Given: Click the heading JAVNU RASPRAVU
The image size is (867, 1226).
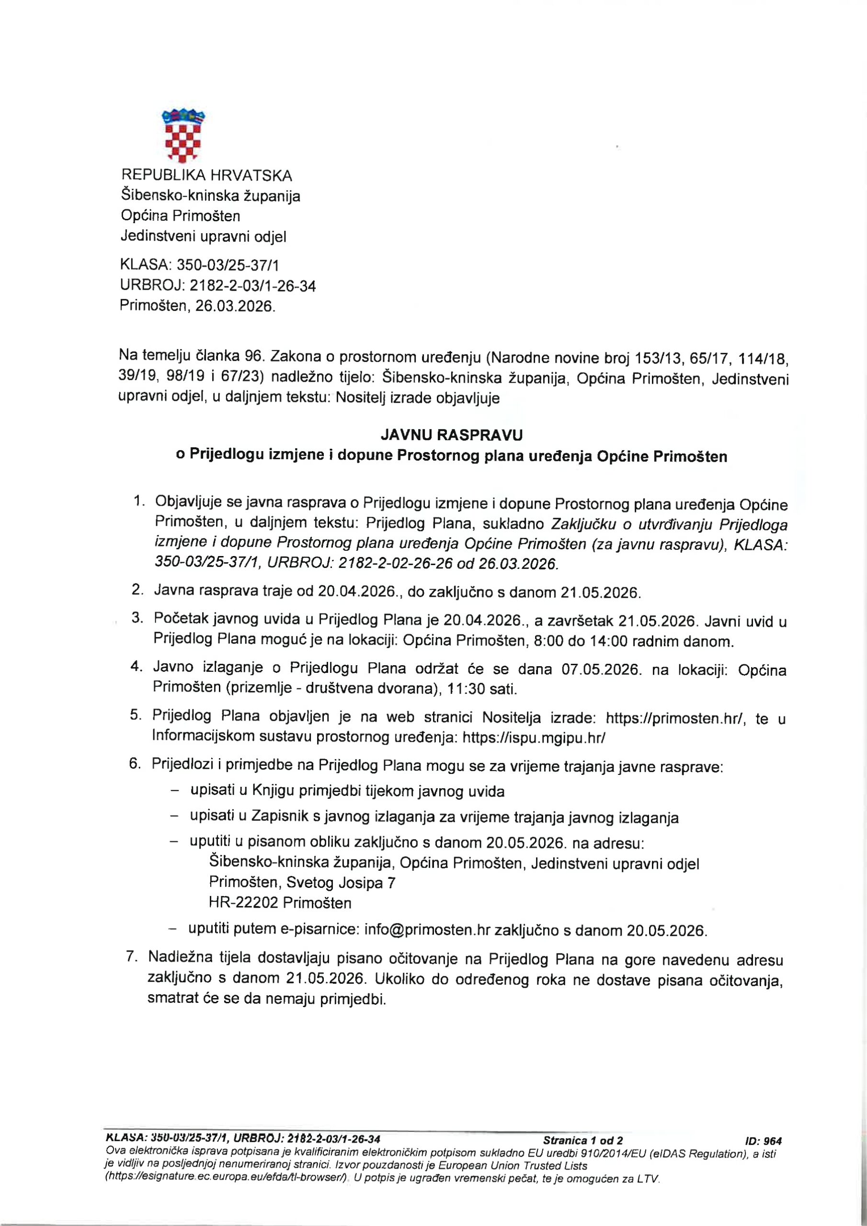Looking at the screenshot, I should click(x=451, y=435).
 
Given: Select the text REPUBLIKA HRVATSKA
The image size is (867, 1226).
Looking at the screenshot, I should click(x=207, y=175).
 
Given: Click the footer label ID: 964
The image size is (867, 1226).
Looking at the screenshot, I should click(x=764, y=1142).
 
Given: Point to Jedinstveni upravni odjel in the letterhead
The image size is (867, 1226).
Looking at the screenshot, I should click(x=203, y=236).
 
